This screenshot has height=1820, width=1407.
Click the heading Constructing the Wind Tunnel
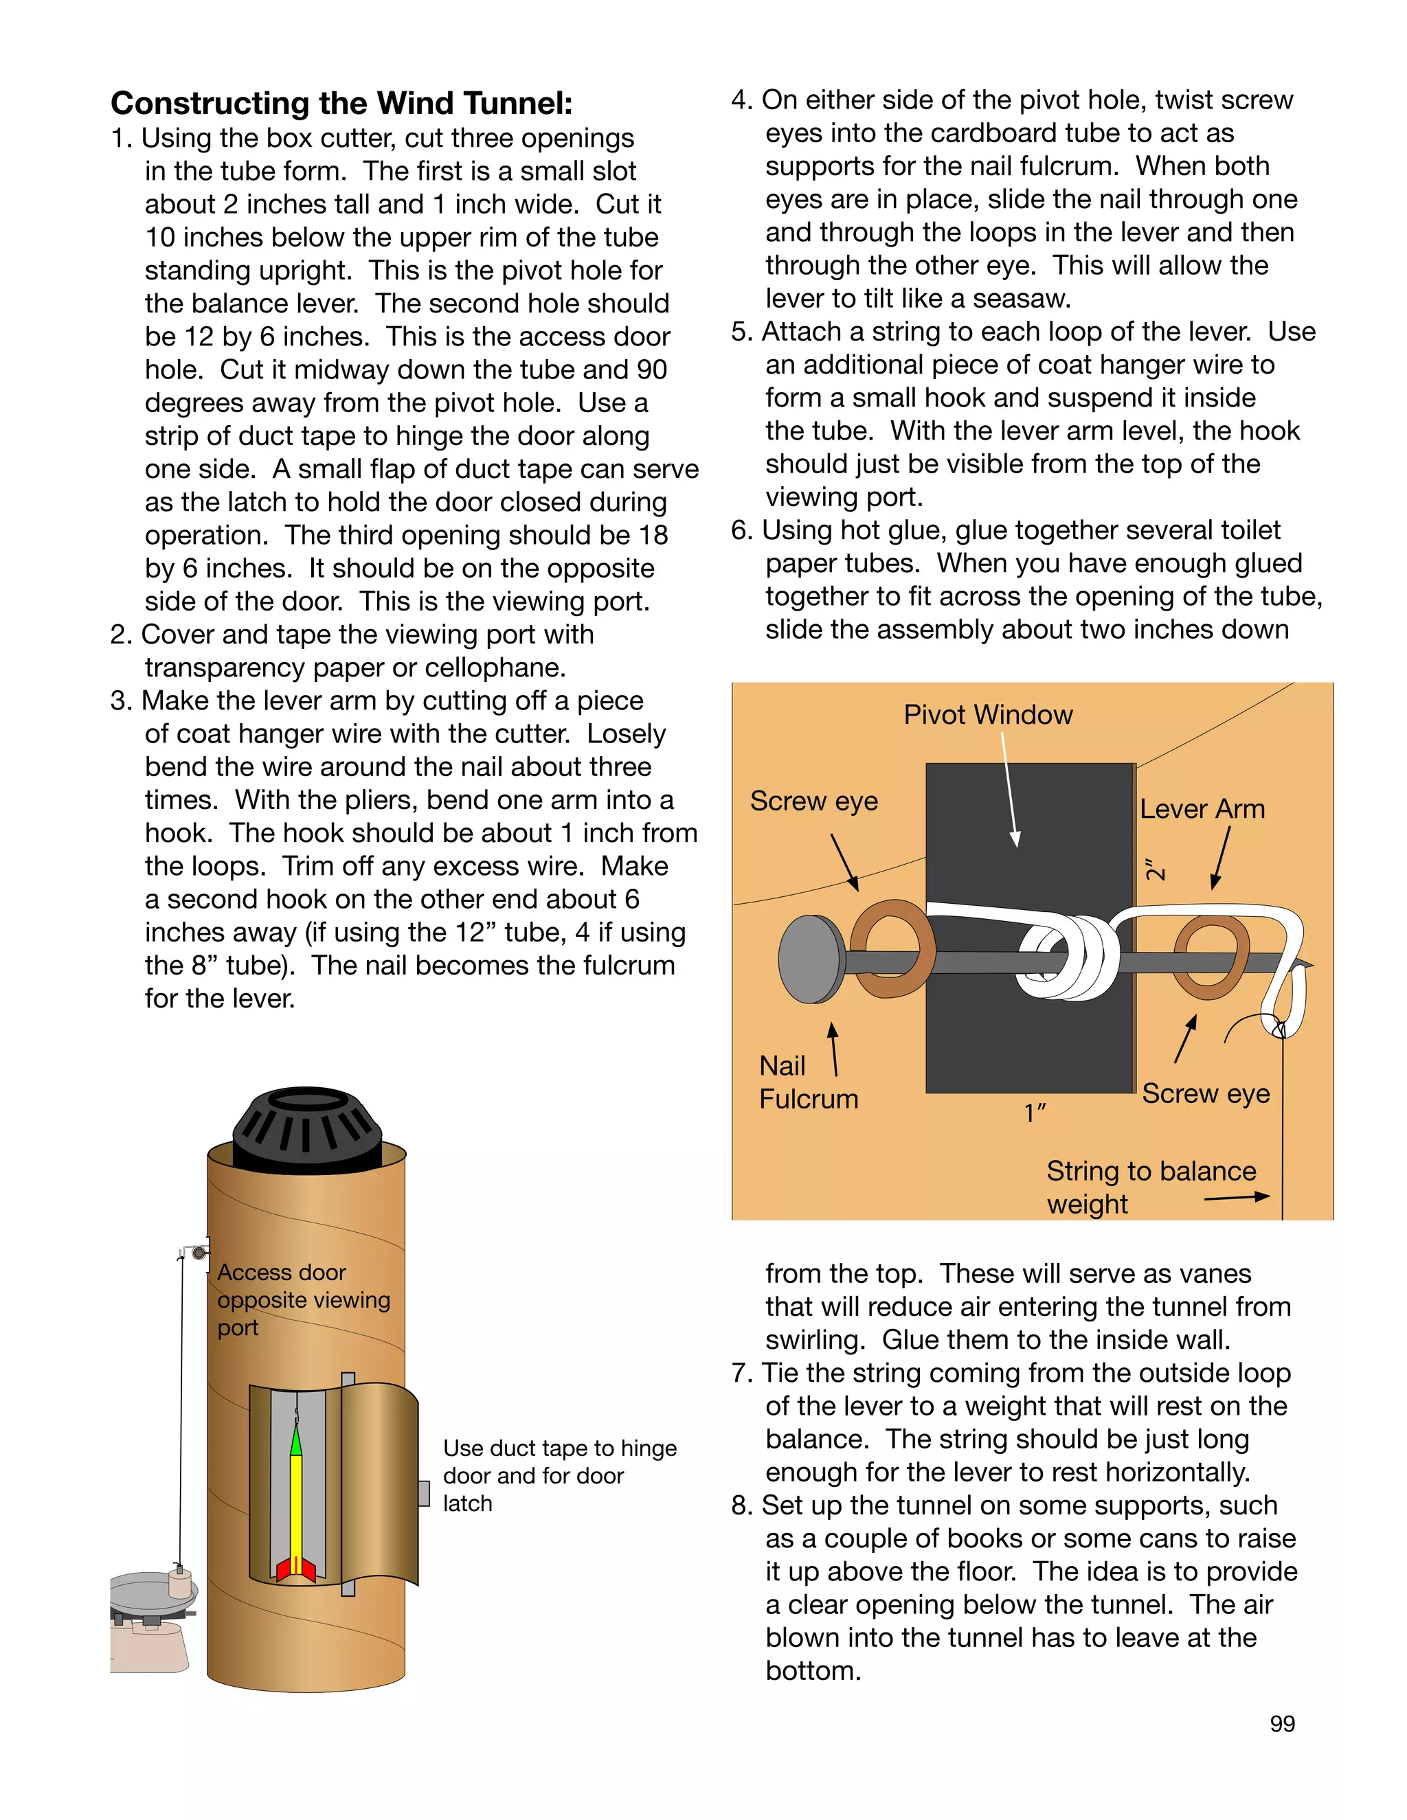click(341, 103)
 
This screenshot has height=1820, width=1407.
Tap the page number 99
click(1282, 1724)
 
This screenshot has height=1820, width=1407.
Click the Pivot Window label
click(988, 715)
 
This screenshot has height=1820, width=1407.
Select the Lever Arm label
click(1202, 809)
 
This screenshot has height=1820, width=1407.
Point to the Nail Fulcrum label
click(807, 1082)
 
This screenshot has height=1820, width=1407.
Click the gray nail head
click(811, 959)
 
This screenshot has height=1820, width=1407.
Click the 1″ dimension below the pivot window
click(1035, 1113)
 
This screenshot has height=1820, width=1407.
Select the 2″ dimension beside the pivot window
click(1154, 869)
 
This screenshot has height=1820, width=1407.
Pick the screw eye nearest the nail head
click(891, 948)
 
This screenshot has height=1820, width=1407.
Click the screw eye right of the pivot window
click(1211, 957)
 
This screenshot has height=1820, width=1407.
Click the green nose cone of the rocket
click(295, 1441)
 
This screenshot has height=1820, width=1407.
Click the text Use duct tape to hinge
click(559, 1448)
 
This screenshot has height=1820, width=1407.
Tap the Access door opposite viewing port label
click(302, 1299)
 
